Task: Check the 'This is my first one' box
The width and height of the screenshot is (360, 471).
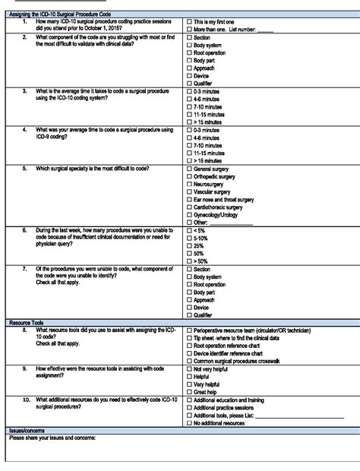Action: pyautogui.click(x=189, y=23)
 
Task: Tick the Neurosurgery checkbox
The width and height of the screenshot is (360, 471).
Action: pyautogui.click(x=189, y=185)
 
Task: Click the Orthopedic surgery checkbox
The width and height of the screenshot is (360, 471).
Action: pyautogui.click(x=189, y=177)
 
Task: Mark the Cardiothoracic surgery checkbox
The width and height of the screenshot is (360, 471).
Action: pyautogui.click(x=189, y=207)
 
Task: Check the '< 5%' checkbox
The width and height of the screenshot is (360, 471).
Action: pyautogui.click(x=189, y=230)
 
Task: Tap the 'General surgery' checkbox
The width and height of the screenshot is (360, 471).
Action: pyautogui.click(x=189, y=169)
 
